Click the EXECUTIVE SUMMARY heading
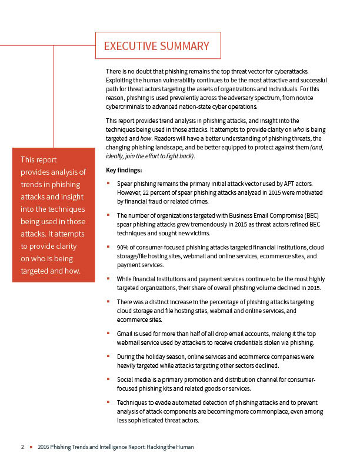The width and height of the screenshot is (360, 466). click(156, 46)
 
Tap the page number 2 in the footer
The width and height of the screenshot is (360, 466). click(22, 447)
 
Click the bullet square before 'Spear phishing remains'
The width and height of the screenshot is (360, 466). click(108, 184)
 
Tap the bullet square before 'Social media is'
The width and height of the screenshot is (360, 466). click(108, 380)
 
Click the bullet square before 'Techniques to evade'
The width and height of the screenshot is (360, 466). click(108, 402)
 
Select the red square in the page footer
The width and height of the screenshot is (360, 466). click(31, 447)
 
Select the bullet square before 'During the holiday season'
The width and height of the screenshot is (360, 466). click(108, 357)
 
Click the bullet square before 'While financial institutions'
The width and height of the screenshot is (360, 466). click(108, 278)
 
